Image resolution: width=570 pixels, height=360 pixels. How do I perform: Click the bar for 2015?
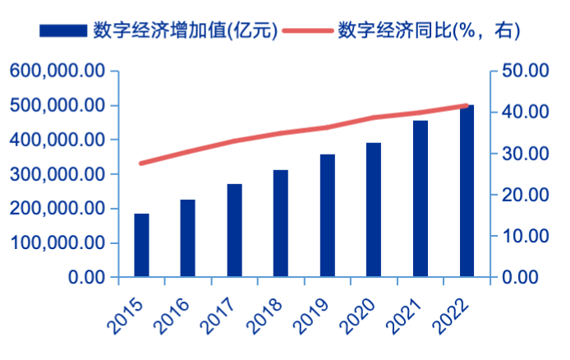coord(141,245)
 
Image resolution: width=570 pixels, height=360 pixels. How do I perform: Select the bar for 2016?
coord(188,238)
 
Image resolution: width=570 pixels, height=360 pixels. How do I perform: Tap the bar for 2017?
coord(235,230)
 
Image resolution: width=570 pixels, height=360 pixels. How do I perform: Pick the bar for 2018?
coord(281,224)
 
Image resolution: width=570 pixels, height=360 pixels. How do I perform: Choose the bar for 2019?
coord(328,215)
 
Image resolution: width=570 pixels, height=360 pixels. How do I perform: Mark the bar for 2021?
coord(421,199)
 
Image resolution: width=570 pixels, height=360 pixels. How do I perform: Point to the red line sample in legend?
coord(308,30)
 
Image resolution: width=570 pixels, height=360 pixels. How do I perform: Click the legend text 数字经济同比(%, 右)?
coord(428,30)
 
